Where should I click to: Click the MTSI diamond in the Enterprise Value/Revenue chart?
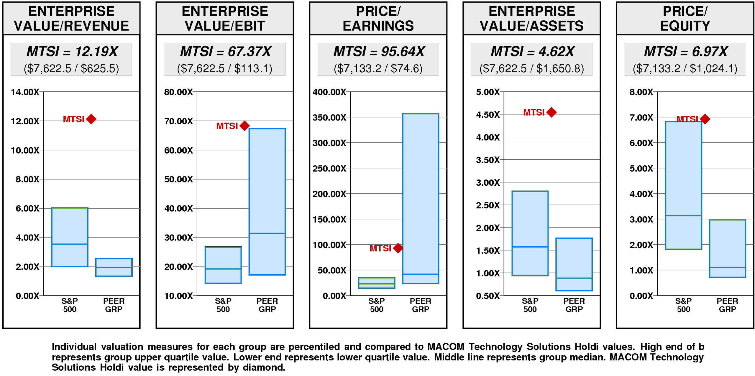[91, 119]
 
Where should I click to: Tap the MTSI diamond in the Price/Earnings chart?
[398, 248]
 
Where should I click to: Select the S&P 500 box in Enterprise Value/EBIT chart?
[223, 265]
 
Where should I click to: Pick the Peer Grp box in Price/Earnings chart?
[421, 198]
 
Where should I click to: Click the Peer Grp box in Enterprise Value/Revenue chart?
[114, 267]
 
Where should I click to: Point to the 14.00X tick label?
[25, 92]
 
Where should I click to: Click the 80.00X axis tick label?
[178, 92]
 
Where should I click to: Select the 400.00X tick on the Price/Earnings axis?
[329, 92]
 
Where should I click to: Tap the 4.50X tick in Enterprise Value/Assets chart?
[488, 115]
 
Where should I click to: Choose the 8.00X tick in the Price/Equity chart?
[641, 92]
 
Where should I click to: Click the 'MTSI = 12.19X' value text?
[72, 52]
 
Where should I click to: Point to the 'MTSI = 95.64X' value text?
[379, 52]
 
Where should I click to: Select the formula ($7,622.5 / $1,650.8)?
[531, 69]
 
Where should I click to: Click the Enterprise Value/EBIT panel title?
[225, 18]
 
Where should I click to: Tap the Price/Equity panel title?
[685, 18]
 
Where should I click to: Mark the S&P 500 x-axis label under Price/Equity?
[683, 305]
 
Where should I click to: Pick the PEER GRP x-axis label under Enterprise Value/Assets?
[574, 305]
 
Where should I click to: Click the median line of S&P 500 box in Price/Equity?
[683, 216]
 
